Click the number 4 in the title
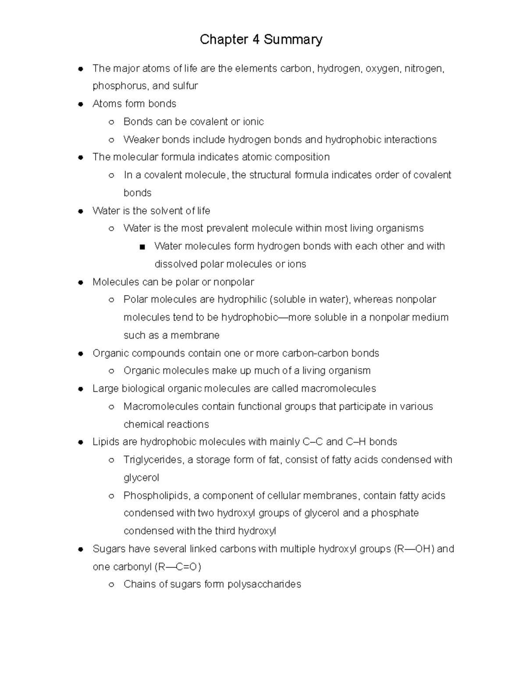pos(255,39)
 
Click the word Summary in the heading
pos(293,39)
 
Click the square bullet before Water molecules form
pos(142,247)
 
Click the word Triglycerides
pos(153,460)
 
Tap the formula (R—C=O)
pos(178,567)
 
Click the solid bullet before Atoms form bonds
pos(80,104)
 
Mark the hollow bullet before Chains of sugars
pos(111,585)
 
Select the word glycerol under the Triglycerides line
pos(141,478)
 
